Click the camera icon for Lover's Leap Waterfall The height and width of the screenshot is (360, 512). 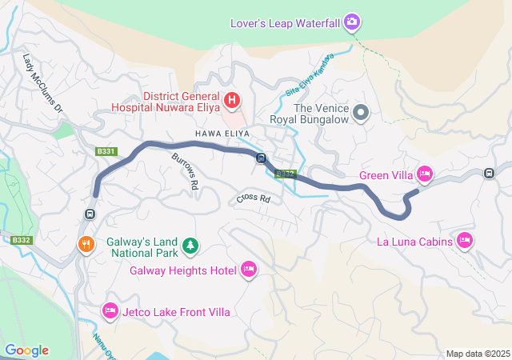[x=351, y=22]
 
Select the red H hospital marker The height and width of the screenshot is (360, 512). [x=231, y=100]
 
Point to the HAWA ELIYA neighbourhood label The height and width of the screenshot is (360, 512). [x=222, y=132]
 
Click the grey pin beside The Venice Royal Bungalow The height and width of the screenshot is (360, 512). [x=361, y=113]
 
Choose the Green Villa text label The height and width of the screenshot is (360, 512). [x=386, y=174]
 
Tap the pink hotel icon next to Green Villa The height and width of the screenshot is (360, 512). [x=425, y=174]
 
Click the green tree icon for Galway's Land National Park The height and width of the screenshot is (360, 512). [x=190, y=244]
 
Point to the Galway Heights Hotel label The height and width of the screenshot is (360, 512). [x=183, y=270]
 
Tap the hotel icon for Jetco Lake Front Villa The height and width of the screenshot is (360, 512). [x=110, y=310]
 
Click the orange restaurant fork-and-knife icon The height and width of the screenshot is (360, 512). [x=84, y=244]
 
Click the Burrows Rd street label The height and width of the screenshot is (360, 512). [x=185, y=170]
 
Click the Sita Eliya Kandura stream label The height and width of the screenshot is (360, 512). [x=306, y=79]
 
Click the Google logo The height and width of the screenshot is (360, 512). [x=26, y=350]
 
